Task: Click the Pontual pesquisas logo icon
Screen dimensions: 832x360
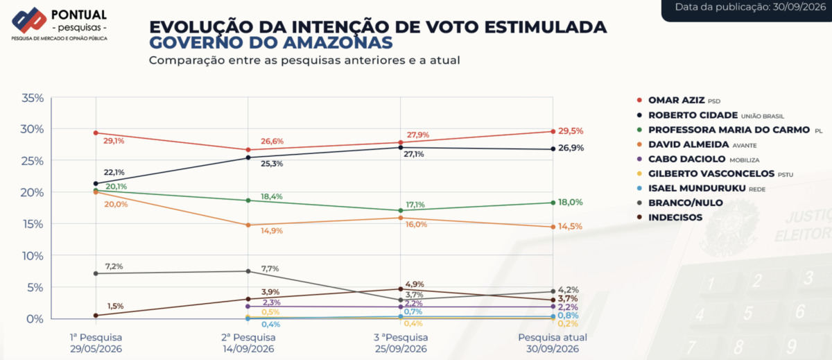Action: [x=29, y=20]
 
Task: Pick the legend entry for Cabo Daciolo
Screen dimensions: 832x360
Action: [x=698, y=160]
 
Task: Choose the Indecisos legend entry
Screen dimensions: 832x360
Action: [x=669, y=217]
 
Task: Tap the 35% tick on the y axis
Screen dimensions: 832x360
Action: [x=33, y=98]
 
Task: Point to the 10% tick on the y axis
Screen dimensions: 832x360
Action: [x=33, y=256]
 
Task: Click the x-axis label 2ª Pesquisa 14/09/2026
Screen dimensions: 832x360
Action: [x=248, y=343]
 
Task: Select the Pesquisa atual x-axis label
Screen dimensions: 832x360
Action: [x=553, y=343]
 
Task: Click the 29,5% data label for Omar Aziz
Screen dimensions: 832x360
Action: [x=571, y=131]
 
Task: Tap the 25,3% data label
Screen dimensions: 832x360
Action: [x=272, y=164]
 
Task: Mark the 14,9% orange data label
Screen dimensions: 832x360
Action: [x=272, y=231]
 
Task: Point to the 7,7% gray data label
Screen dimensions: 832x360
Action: [x=270, y=268]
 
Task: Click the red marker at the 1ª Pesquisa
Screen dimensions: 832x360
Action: [x=96, y=132]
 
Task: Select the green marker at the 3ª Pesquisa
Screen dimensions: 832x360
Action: [x=401, y=210]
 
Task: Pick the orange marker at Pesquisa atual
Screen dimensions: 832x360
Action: [x=553, y=227]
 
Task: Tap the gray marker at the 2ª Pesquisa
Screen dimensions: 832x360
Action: [x=248, y=271]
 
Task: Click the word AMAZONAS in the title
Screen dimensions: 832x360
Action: [x=337, y=43]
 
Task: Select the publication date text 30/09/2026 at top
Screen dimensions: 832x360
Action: [x=799, y=7]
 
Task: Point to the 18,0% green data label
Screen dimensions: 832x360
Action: [x=570, y=202]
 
